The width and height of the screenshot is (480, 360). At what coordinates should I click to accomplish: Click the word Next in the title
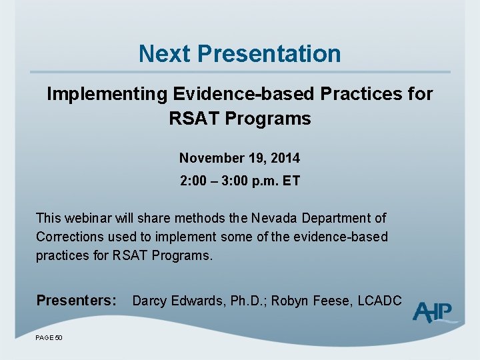tap(165, 53)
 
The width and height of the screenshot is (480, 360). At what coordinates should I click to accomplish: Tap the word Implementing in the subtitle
tap(106, 95)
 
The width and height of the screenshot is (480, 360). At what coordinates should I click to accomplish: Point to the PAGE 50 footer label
tap(49, 338)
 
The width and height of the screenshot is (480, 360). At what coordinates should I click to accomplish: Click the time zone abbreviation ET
tap(291, 181)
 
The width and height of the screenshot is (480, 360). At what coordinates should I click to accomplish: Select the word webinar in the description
tap(90, 218)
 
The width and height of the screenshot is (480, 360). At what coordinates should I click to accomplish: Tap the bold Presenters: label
tap(77, 301)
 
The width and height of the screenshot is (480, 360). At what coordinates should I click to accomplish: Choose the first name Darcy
tap(150, 301)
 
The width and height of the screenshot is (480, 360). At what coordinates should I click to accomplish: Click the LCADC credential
tap(379, 301)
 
